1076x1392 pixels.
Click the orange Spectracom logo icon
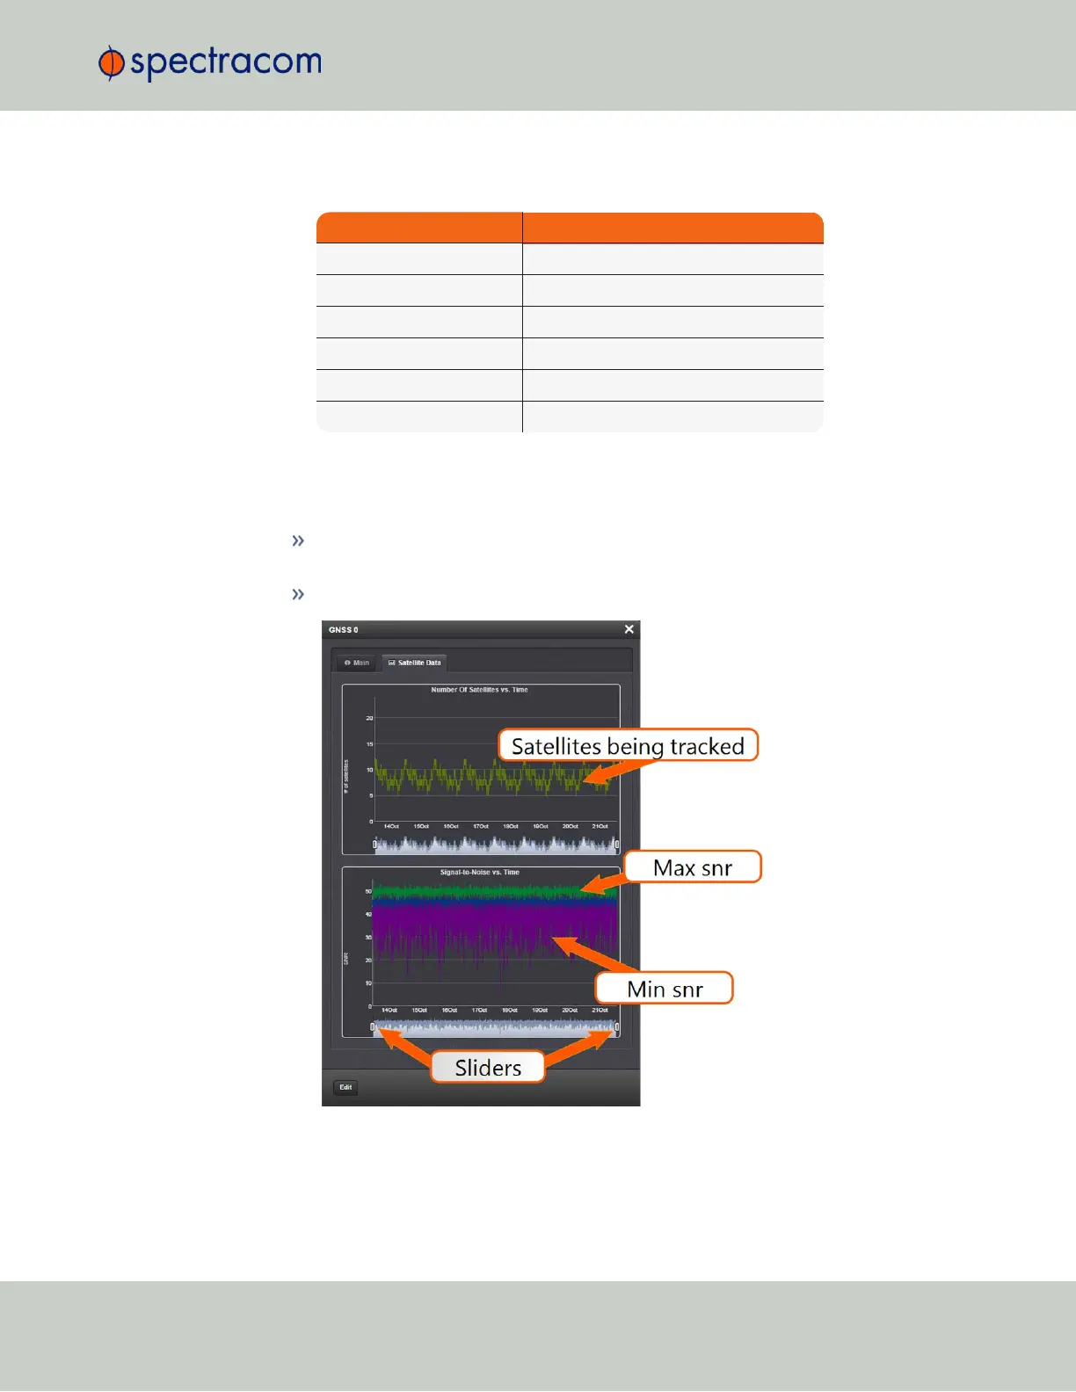pyautogui.click(x=111, y=63)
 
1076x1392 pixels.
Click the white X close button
pyautogui.click(x=629, y=629)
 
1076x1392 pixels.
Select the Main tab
pyautogui.click(x=357, y=663)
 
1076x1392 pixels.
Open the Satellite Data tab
pyautogui.click(x=415, y=663)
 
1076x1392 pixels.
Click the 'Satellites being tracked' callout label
pyautogui.click(x=628, y=746)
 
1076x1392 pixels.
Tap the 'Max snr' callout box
pyautogui.click(x=692, y=867)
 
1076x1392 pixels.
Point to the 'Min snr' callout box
pyautogui.click(x=665, y=989)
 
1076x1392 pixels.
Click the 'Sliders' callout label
pyautogui.click(x=488, y=1067)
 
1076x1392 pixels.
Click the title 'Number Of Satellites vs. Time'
pyautogui.click(x=479, y=690)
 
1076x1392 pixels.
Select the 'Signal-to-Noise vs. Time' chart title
pyautogui.click(x=479, y=873)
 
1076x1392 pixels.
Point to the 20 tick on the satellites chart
pyautogui.click(x=369, y=718)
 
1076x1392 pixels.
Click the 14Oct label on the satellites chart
pyautogui.click(x=391, y=826)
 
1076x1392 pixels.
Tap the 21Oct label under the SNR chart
pyautogui.click(x=600, y=1010)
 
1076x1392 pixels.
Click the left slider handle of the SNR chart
pyautogui.click(x=373, y=1026)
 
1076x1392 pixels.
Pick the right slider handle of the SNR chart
pyautogui.click(x=617, y=1026)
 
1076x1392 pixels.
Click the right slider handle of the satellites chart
pyautogui.click(x=617, y=845)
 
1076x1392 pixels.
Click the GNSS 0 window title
pyautogui.click(x=344, y=630)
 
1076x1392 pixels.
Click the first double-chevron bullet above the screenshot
pyautogui.click(x=298, y=540)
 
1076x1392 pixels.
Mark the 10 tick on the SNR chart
pyautogui.click(x=368, y=983)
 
